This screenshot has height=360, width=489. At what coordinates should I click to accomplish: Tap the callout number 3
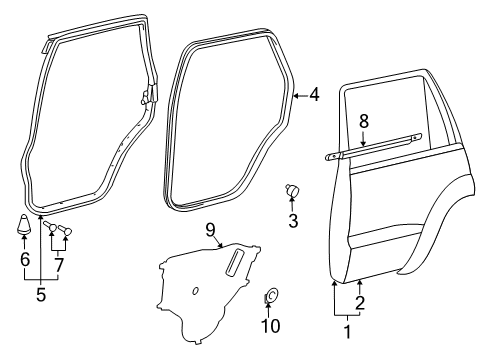pyautogui.click(x=293, y=221)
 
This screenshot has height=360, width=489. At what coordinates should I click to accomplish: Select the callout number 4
pyautogui.click(x=314, y=96)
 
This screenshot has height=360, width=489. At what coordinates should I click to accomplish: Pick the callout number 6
pyautogui.click(x=25, y=259)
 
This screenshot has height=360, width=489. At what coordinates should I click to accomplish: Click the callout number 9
pyautogui.click(x=210, y=229)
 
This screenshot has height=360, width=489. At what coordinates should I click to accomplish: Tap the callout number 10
pyautogui.click(x=270, y=326)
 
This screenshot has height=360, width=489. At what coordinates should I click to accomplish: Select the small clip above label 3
pyautogui.click(x=292, y=189)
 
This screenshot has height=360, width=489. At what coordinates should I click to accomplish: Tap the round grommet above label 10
pyautogui.click(x=271, y=297)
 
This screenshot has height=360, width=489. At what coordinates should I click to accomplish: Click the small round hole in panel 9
pyautogui.click(x=195, y=291)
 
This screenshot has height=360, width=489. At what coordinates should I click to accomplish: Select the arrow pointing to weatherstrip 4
pyautogui.click(x=302, y=96)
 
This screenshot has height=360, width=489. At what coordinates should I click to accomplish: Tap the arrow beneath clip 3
pyautogui.click(x=293, y=205)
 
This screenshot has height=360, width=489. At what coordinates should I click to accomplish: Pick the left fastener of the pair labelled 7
pyautogui.click(x=55, y=234)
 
